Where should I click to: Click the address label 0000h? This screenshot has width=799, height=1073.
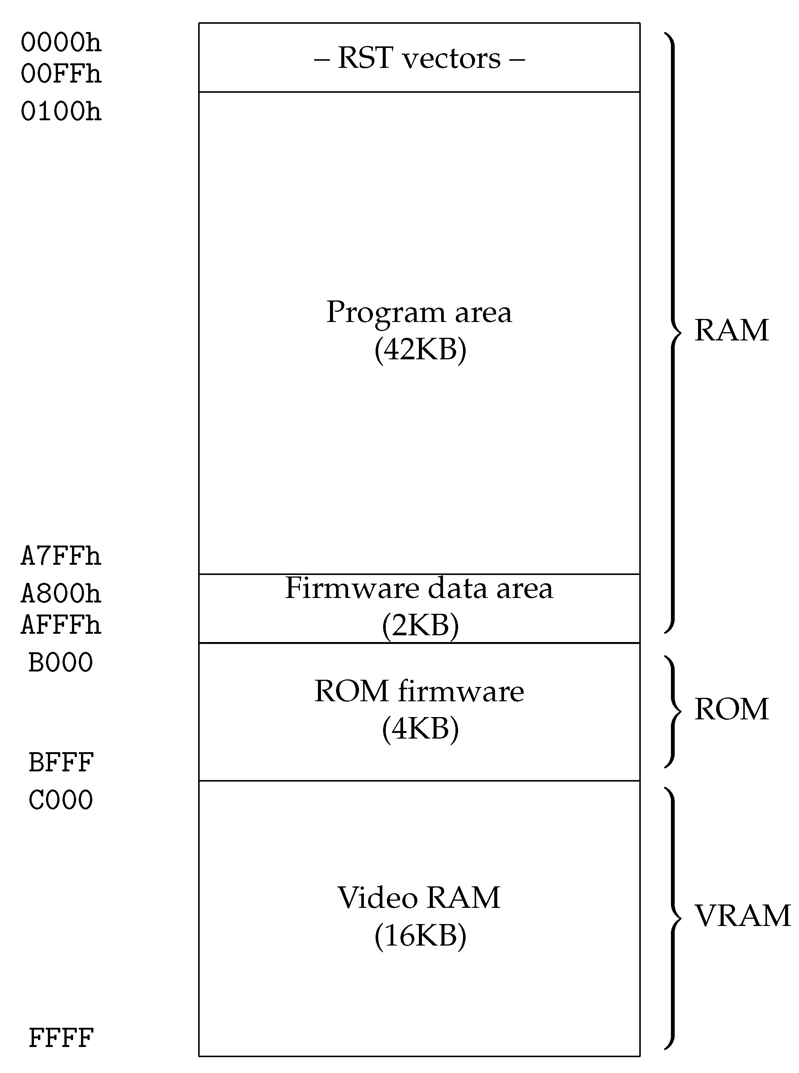[61, 43]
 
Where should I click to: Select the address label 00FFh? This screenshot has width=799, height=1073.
[61, 74]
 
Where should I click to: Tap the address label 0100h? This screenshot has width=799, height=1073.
[61, 112]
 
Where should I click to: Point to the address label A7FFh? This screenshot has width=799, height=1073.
[61, 556]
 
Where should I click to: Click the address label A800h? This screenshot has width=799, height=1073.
[61, 593]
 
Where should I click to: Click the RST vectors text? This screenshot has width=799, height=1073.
[419, 58]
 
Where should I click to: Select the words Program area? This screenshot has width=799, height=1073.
[419, 313]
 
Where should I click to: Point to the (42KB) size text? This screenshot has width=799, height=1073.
[420, 349]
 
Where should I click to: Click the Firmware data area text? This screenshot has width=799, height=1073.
[419, 588]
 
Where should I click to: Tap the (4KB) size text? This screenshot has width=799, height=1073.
[420, 728]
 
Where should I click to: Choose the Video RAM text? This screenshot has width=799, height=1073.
[419, 898]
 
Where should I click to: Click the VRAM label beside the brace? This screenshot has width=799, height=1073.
[742, 916]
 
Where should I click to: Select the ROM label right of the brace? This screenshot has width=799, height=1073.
[731, 709]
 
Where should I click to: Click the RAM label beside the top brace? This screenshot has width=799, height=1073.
[731, 331]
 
